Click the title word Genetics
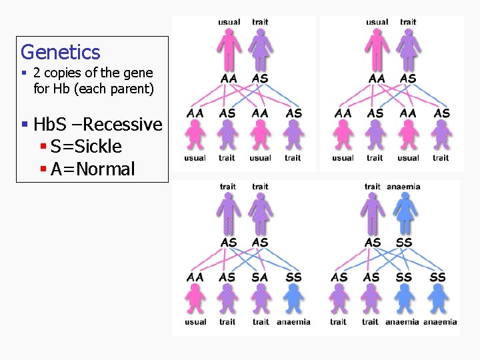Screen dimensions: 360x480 [61, 52]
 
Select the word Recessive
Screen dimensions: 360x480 [123, 125]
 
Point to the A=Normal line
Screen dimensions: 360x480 [92, 169]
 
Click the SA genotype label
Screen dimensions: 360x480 [260, 277]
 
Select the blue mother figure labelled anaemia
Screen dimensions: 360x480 [404, 214]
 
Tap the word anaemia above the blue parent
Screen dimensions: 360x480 [403, 187]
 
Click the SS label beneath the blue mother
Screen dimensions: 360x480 [404, 243]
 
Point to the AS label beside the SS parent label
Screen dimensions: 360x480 [373, 243]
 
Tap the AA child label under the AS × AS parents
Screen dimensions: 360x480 [195, 277]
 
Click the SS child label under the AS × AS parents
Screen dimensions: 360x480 [293, 277]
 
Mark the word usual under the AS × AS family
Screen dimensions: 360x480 [195, 322]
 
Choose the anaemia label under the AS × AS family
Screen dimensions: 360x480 [293, 322]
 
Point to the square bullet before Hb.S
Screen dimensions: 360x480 [24, 125]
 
